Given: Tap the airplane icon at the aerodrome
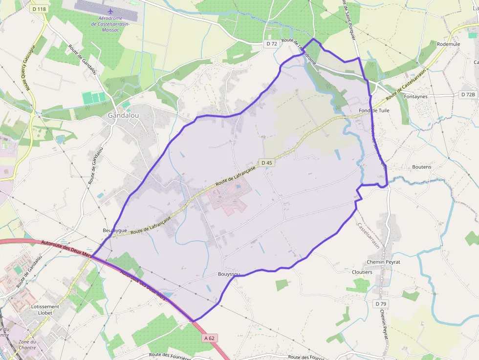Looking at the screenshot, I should pyautogui.click(x=110, y=10).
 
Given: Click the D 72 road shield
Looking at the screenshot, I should pyautogui.click(x=272, y=43).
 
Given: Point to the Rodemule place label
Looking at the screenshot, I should pyautogui.click(x=448, y=43).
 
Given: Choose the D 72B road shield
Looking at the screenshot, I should pyautogui.click(x=468, y=94).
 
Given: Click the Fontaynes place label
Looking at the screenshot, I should pyautogui.click(x=415, y=97).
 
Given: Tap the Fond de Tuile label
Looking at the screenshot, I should pyautogui.click(x=374, y=111).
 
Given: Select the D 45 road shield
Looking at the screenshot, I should pyautogui.click(x=266, y=163).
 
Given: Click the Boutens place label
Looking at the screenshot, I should pyautogui.click(x=421, y=167).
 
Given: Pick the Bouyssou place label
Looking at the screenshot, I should pyautogui.click(x=229, y=275).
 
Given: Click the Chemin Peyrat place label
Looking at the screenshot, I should pyautogui.click(x=383, y=262).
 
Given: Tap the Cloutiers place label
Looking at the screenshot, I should pyautogui.click(x=362, y=272).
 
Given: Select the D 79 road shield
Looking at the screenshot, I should pyautogui.click(x=382, y=304).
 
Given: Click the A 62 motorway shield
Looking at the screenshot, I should pyautogui.click(x=210, y=338).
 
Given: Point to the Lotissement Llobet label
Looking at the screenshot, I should pyautogui.click(x=45, y=310).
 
